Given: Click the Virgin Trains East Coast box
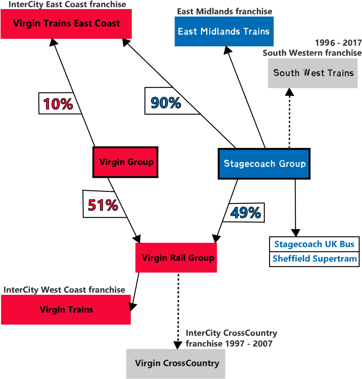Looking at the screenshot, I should click(x=66, y=24).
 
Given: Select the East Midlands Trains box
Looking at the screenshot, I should click(x=224, y=31).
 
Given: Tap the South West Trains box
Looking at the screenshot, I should click(x=313, y=73).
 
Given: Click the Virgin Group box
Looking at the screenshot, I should click(x=126, y=162).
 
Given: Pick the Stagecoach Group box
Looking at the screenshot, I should click(x=264, y=164).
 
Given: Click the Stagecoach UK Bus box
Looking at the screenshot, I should click(x=314, y=244).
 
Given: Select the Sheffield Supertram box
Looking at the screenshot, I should click(x=314, y=259).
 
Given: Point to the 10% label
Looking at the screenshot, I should click(x=58, y=104).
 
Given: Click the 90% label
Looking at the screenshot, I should click(x=166, y=103).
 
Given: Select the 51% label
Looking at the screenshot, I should click(x=103, y=205).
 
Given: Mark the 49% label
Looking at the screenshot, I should click(x=246, y=213).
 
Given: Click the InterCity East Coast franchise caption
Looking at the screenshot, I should click(x=67, y=5).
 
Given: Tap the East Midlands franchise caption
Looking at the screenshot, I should click(x=224, y=12).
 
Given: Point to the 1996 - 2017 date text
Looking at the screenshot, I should click(x=338, y=43).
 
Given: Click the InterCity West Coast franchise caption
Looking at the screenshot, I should click(x=65, y=290).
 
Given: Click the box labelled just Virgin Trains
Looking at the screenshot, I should click(x=66, y=310).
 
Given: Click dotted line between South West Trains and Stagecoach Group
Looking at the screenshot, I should click(x=290, y=118).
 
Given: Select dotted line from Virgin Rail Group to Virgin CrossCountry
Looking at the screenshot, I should click(x=178, y=307).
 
